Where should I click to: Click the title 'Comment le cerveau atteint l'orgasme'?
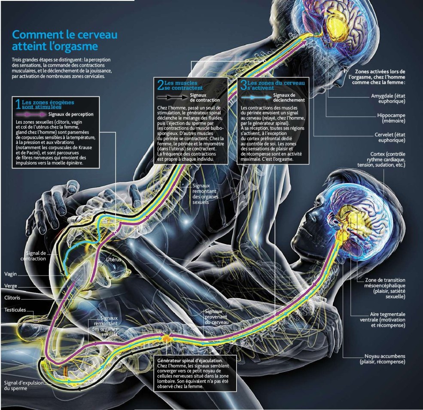click(x=64, y=40)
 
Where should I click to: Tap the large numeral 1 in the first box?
click(x=18, y=104)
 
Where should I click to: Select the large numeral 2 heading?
click(x=161, y=85)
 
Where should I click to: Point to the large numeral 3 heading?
click(x=244, y=85)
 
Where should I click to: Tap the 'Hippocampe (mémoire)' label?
click(x=391, y=119)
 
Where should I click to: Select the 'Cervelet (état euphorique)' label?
click(x=390, y=137)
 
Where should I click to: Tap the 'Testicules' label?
click(x=15, y=309)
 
